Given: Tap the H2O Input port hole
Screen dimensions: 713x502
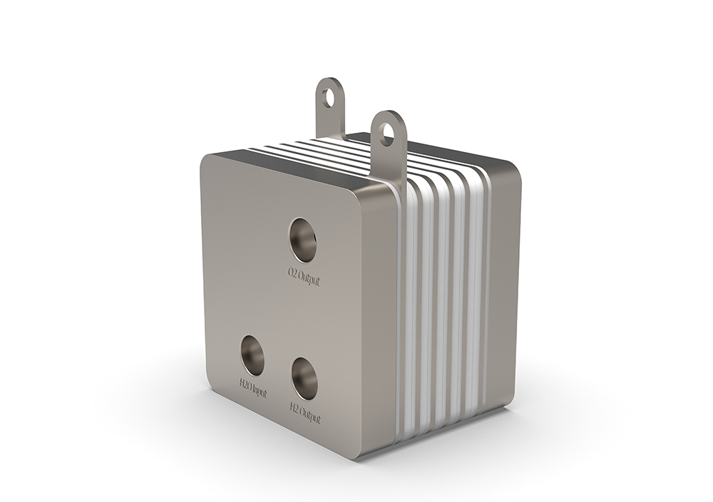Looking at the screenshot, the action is pos(252,355).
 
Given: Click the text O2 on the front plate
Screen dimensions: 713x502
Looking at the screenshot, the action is pos(292,273).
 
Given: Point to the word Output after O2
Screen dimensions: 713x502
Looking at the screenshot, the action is pos(309,278).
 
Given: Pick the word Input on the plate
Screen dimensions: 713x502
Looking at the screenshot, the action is pos(261,392).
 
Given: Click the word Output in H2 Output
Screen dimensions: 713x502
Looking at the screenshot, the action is pos(311,414).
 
